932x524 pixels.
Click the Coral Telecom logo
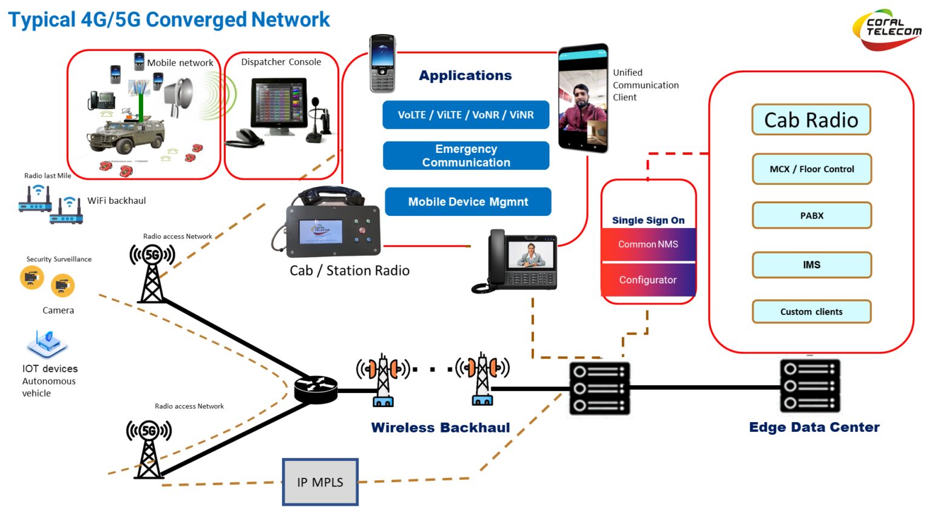[886, 29]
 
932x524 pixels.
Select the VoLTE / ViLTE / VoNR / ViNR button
[465, 115]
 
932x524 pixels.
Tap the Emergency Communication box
[466, 156]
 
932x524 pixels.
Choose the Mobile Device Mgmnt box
[468, 202]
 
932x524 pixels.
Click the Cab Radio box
[811, 120]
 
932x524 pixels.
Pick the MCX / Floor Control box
[811, 169]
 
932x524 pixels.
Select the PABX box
[811, 216]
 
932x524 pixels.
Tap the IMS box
[811, 265]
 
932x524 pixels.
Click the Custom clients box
[811, 312]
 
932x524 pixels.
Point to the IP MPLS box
[320, 482]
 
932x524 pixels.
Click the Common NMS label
[648, 244]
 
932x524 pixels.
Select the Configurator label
[648, 280]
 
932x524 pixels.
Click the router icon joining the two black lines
[316, 389]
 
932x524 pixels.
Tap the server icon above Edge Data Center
[809, 386]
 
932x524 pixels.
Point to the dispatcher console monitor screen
[280, 103]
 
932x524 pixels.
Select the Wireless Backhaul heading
[441, 428]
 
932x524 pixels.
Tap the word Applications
[465, 76]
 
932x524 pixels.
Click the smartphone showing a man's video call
[582, 98]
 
